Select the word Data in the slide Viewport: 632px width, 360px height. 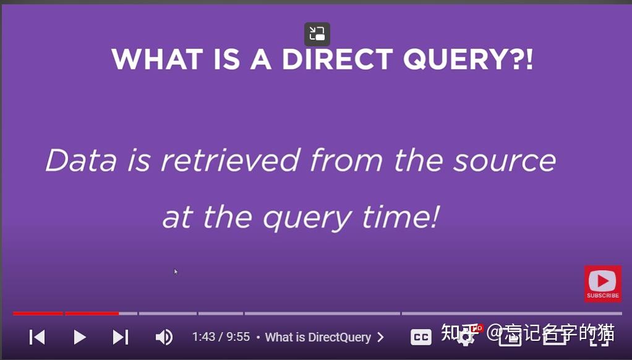81,161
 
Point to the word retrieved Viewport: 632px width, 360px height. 231,161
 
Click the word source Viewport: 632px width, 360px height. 505,161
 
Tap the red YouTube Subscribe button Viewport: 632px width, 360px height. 602,284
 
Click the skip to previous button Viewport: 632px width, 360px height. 37,337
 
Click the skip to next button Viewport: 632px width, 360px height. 121,337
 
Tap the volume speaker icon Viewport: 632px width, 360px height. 163,337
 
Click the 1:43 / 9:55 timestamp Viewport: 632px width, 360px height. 221,337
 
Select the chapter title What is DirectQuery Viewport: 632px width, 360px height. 318,337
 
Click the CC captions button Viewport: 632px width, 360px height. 421,337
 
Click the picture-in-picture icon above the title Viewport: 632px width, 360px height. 317,34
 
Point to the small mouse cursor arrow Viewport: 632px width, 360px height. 176,271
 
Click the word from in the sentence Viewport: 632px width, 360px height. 347,161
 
